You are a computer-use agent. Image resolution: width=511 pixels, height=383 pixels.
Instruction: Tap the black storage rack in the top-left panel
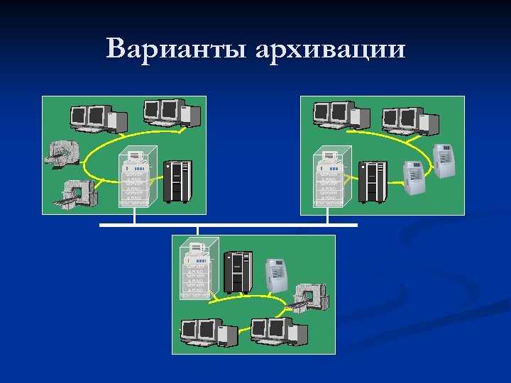pyautogui.click(x=177, y=181)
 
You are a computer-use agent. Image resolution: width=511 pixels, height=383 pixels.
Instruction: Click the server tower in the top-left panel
pyautogui.click(x=133, y=179)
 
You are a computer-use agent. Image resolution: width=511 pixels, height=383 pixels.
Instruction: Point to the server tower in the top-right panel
pyautogui.click(x=329, y=179)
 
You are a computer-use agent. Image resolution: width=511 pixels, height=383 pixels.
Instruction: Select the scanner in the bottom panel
pyautogui.click(x=309, y=298)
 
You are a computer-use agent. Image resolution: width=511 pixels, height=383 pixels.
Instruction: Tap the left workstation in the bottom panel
pyautogui.click(x=207, y=332)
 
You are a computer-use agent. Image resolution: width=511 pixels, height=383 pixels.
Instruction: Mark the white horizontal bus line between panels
pyautogui.click(x=227, y=226)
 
